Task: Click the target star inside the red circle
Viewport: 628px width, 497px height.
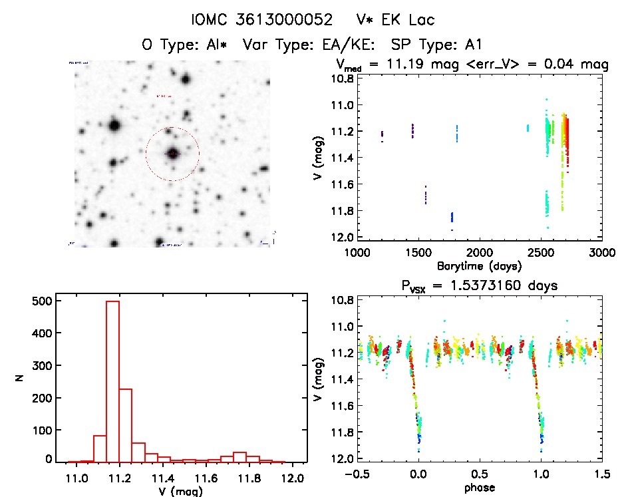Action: pos(173,154)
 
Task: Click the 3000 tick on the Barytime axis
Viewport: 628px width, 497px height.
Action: pos(602,252)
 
